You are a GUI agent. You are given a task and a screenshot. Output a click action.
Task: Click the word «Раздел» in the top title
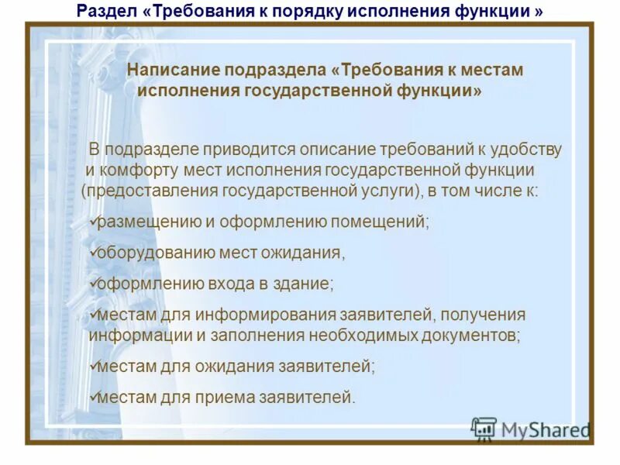105,12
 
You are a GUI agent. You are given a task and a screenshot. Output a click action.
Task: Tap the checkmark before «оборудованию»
94,252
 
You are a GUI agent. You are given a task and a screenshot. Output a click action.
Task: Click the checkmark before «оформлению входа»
94,283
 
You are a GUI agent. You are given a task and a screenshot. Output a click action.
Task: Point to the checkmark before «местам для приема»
94,397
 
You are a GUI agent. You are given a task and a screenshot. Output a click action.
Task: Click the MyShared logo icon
484,429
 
